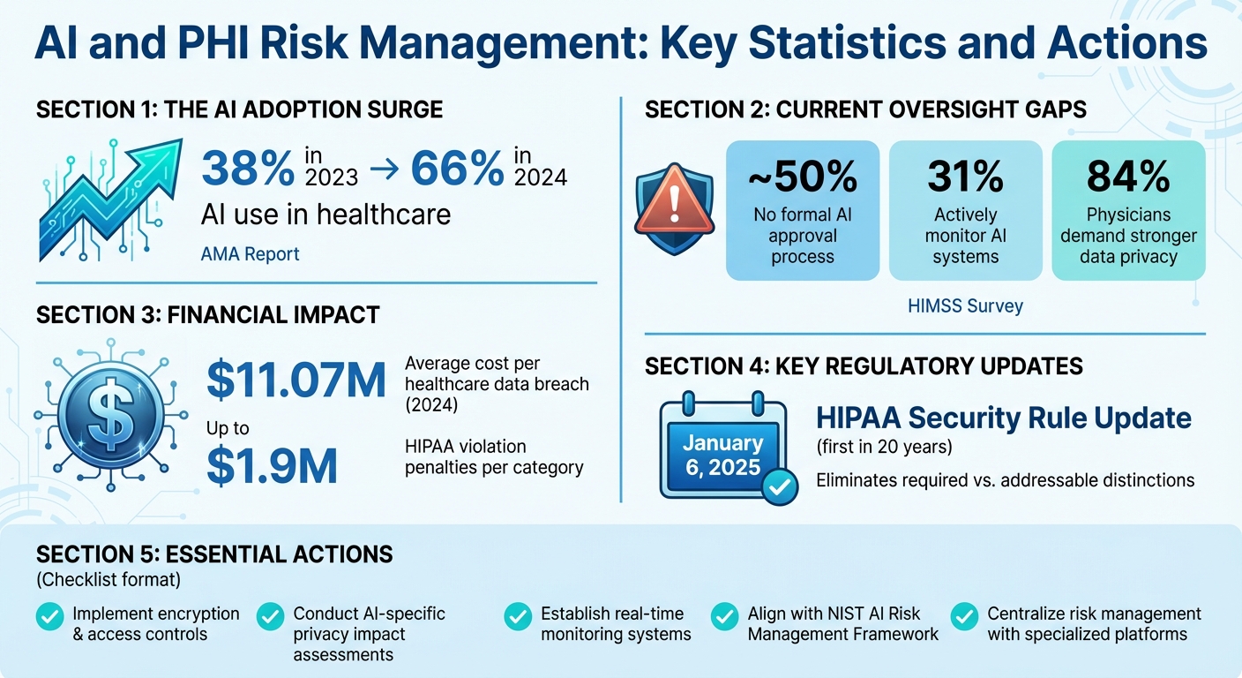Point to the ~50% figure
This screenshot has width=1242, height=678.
[802, 177]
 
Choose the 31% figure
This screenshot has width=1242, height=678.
[965, 177]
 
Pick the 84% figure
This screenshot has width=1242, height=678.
[1128, 177]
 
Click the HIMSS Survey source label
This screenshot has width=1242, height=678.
[965, 306]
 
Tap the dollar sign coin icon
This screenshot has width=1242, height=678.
[111, 414]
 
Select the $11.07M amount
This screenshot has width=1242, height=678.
[296, 380]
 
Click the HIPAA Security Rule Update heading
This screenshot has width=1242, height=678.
[1004, 417]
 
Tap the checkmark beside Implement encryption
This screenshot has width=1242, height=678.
[49, 616]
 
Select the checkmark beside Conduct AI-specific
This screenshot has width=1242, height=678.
[270, 616]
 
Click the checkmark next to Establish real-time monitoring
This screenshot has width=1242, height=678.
[518, 616]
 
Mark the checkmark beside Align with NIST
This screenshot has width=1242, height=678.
[724, 616]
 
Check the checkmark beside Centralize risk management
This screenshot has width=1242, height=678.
[965, 616]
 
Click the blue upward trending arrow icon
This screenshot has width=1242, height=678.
[109, 200]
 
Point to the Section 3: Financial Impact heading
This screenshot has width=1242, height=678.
[207, 314]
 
